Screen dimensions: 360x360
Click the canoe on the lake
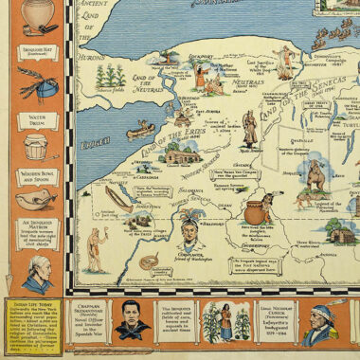140,129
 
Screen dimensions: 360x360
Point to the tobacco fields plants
113,75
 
